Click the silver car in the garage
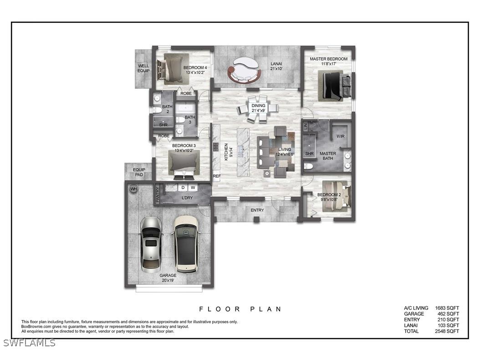coord(151,244)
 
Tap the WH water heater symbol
coord(133,189)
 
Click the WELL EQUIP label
coord(143,68)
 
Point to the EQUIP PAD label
coord(139,172)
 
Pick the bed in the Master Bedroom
coord(336,87)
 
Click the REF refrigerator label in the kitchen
coord(217,176)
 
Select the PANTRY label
coord(158,195)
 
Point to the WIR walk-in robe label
coord(340,136)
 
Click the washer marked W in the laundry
coord(193,187)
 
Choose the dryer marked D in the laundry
coord(183,187)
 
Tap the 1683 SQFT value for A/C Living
coord(447,308)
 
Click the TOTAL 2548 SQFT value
coord(447,331)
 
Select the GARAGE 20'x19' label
coord(168,278)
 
